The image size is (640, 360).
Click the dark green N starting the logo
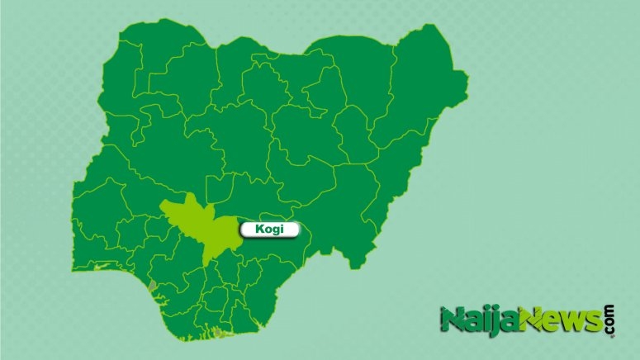coord(452,320)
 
